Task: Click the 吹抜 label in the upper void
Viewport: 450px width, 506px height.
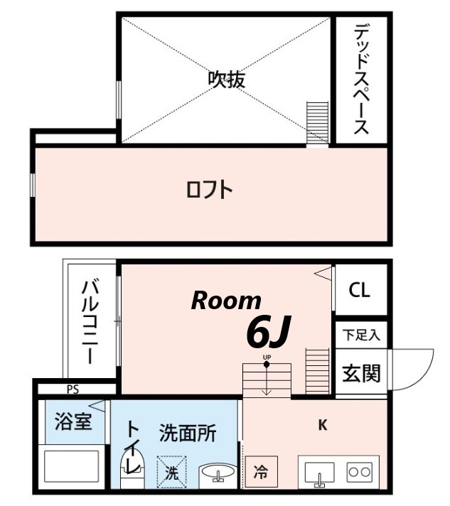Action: (x=226, y=80)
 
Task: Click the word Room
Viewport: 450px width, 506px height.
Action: (x=226, y=301)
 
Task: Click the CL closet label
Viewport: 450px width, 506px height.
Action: (x=359, y=291)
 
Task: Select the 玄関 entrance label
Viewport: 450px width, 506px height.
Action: (x=361, y=372)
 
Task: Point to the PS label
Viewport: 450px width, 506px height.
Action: (x=73, y=389)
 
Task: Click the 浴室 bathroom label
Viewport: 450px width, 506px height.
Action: (x=73, y=421)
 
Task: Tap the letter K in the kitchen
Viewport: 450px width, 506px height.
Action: (x=321, y=426)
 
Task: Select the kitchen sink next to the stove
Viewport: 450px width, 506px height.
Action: (x=320, y=473)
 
